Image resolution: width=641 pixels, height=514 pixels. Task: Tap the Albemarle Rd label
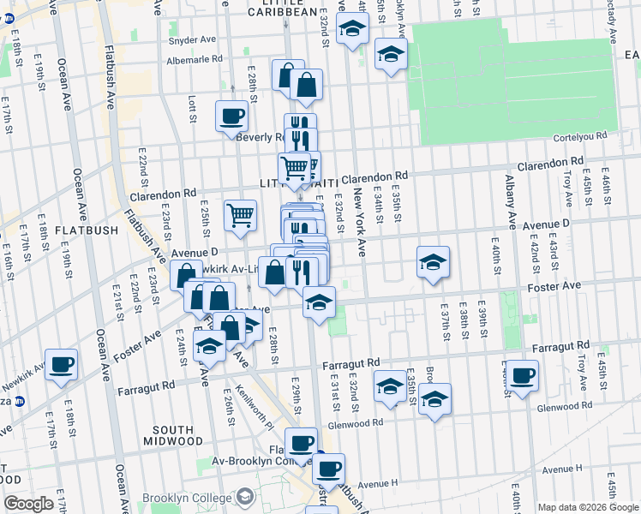[193, 58]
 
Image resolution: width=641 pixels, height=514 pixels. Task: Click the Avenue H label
[378, 484]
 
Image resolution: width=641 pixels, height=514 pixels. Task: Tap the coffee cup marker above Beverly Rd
[231, 116]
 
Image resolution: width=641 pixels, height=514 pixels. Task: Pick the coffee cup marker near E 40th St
[522, 374]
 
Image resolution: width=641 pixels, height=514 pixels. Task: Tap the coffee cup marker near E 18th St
[62, 363]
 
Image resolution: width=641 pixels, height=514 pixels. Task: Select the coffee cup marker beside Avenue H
[328, 468]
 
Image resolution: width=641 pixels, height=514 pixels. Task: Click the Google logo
[29, 504]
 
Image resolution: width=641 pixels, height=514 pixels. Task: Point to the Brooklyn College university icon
[246, 496]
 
